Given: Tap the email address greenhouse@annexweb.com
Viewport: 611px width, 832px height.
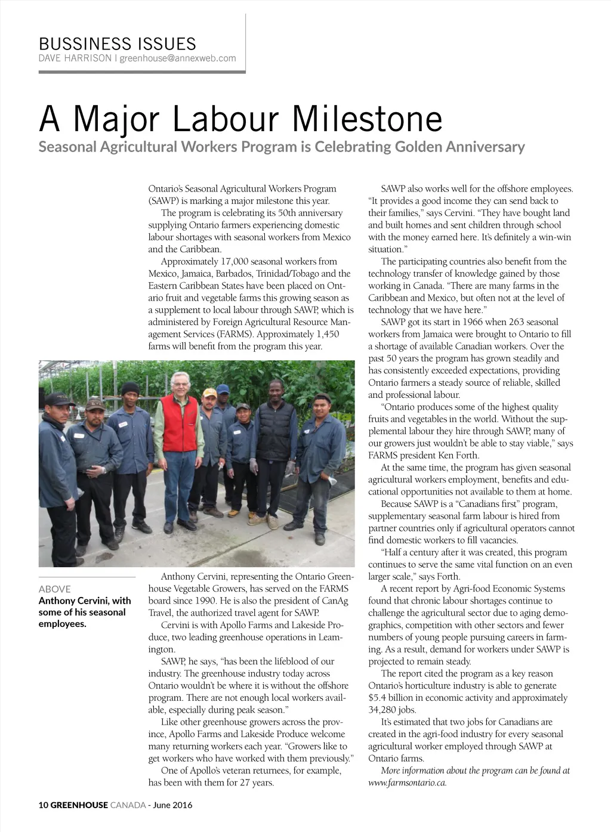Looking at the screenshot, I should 178,58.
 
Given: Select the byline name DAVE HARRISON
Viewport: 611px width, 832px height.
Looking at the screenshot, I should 75,58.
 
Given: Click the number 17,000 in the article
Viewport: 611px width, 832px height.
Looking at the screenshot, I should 234,261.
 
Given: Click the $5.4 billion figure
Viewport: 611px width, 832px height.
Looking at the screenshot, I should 391,698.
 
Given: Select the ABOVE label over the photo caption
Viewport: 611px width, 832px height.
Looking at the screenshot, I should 54,589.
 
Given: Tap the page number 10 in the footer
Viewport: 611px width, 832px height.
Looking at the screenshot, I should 43,805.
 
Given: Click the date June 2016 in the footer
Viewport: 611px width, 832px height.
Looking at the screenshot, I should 173,805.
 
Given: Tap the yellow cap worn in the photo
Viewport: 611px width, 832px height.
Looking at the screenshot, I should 209,392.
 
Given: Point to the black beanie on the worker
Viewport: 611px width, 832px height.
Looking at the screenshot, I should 130,388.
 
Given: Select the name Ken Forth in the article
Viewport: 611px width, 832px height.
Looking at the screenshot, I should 457,455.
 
